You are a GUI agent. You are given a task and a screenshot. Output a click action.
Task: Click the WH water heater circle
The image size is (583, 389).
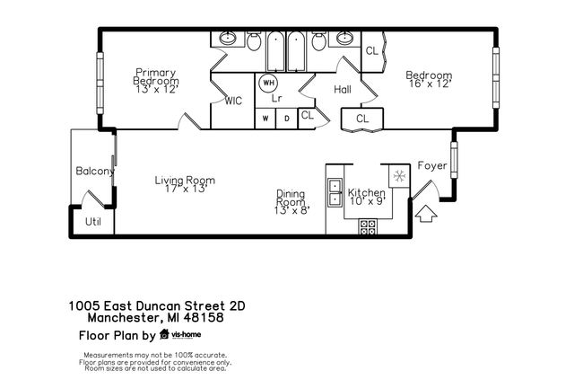pyautogui.click(x=268, y=83)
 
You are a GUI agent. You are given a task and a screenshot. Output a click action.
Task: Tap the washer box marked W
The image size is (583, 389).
pyautogui.click(x=265, y=119)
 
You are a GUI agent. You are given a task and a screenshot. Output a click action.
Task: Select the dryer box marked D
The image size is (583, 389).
pyautogui.click(x=287, y=119)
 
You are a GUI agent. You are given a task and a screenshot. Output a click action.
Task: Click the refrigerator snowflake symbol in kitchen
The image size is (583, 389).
pyautogui.click(x=399, y=176)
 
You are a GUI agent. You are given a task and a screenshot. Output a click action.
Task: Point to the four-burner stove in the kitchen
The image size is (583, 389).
pyautogui.click(x=368, y=226)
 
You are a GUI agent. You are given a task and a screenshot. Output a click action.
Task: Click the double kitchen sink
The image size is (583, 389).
pyautogui.click(x=335, y=192)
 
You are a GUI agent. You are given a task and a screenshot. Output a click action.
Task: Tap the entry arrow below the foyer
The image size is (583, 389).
pyautogui.click(x=426, y=214)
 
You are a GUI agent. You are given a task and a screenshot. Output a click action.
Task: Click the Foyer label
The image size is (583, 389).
pyautogui.click(x=432, y=165)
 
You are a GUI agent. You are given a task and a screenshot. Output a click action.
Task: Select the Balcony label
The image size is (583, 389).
pyautogui.click(x=95, y=171)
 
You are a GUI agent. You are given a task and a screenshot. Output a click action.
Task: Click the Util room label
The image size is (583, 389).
pyautogui.click(x=93, y=222)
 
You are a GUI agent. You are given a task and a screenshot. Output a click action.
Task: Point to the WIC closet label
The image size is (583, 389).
pyautogui.click(x=233, y=101)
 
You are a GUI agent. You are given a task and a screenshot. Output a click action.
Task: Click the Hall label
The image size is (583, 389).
pyautogui.click(x=343, y=89)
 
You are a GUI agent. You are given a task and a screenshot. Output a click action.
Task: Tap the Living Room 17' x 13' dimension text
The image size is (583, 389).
pyautogui.click(x=186, y=189)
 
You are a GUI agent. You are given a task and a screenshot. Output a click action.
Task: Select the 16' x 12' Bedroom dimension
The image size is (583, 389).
pyautogui.click(x=431, y=84)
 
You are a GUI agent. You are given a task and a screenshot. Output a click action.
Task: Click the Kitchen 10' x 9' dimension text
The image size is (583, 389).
pyautogui.click(x=368, y=201)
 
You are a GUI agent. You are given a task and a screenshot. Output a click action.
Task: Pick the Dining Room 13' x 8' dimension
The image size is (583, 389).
pyautogui.click(x=292, y=210)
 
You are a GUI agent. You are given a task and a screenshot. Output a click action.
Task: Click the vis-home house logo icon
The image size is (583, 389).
pyautogui.click(x=164, y=334)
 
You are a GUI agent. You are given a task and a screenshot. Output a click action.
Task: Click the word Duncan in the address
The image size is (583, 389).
pyautogui.click(x=159, y=306)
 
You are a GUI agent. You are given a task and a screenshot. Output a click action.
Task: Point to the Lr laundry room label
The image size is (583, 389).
pyautogui.click(x=276, y=98)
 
